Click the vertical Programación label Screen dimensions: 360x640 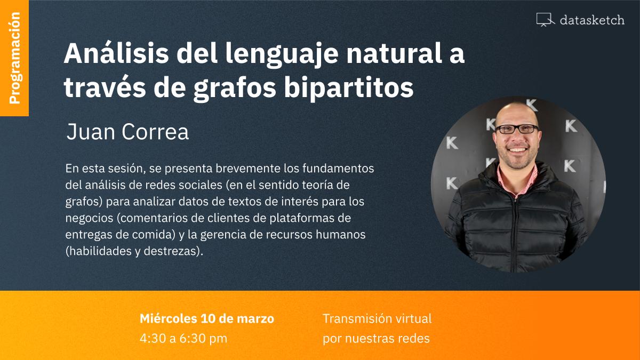tap(14, 58)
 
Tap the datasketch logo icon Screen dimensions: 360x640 tap(545, 20)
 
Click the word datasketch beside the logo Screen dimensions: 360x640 tap(592, 20)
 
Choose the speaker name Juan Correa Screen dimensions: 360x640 tap(127, 132)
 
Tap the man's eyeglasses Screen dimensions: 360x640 tap(517, 129)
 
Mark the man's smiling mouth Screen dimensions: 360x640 tap(518, 150)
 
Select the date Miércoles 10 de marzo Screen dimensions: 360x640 tap(207, 319)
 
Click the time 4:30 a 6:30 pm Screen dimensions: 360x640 tap(183, 338)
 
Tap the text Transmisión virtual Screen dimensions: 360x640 tap(377, 319)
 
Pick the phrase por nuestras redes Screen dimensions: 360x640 tap(376, 338)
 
